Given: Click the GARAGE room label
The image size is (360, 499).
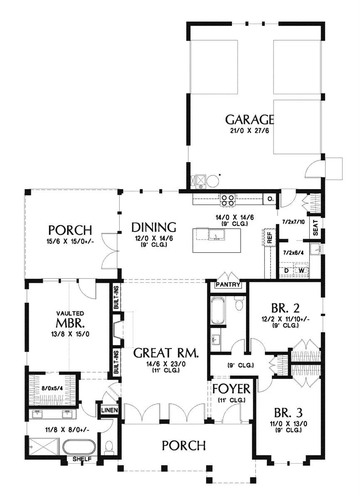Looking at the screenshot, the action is (x=249, y=120).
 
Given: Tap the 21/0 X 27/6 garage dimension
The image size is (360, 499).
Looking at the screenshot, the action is (x=249, y=131).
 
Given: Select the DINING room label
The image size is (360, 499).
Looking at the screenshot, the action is (x=154, y=227).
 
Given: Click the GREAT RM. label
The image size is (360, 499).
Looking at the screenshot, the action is (x=166, y=353).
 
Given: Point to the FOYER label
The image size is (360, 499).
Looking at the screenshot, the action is (x=231, y=389).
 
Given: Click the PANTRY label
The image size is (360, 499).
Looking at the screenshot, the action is (x=228, y=284).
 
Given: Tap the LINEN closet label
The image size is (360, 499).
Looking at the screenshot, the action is (x=109, y=410).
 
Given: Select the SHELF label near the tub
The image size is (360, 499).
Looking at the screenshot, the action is (x=82, y=459).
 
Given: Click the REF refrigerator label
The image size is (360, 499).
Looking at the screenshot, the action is (x=270, y=238).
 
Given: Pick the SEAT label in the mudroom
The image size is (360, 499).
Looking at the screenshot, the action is (x=316, y=228).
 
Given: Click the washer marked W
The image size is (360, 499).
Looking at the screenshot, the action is (x=301, y=271).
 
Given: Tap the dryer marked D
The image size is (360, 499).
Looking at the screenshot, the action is (x=287, y=271).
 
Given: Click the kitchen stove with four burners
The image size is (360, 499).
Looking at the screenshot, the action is (x=227, y=200).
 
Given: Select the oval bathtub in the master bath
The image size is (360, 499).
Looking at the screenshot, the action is (x=79, y=445).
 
